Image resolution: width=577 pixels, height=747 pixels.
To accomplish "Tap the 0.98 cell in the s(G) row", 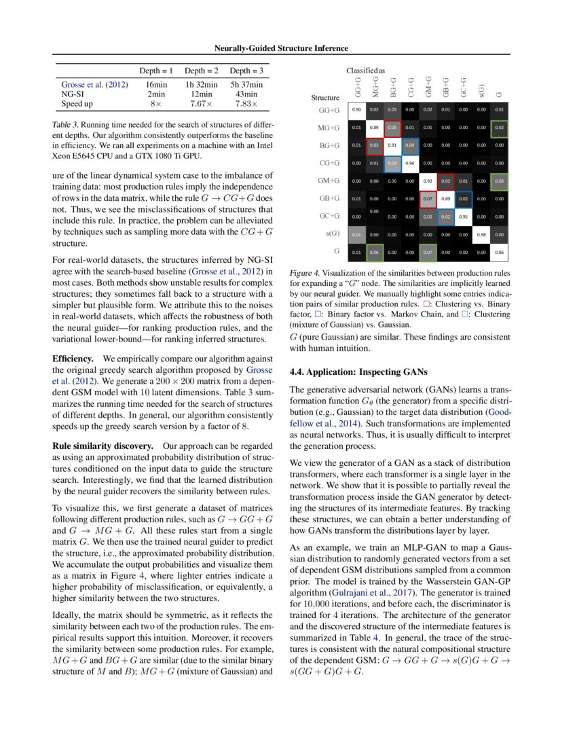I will tap(481, 234).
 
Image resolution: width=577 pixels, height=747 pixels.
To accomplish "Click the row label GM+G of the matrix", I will tap(329, 181).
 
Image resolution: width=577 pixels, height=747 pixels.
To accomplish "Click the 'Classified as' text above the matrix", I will tap(365, 70).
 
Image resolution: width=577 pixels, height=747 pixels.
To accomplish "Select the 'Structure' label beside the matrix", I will tap(324, 98).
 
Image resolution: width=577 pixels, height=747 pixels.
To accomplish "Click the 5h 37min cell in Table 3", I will tap(246, 84).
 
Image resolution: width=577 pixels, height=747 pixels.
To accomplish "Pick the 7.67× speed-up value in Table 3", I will tap(201, 103).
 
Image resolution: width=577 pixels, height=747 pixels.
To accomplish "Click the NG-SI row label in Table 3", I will tap(73, 94).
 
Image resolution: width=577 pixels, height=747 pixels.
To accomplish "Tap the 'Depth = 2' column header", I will tap(201, 71).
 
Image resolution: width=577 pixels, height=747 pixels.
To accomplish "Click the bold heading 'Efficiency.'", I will tap(73, 358).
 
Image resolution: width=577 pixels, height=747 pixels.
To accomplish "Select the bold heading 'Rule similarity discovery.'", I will tap(103, 446).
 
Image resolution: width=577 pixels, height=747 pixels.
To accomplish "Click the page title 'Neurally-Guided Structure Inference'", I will tap(281, 48).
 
